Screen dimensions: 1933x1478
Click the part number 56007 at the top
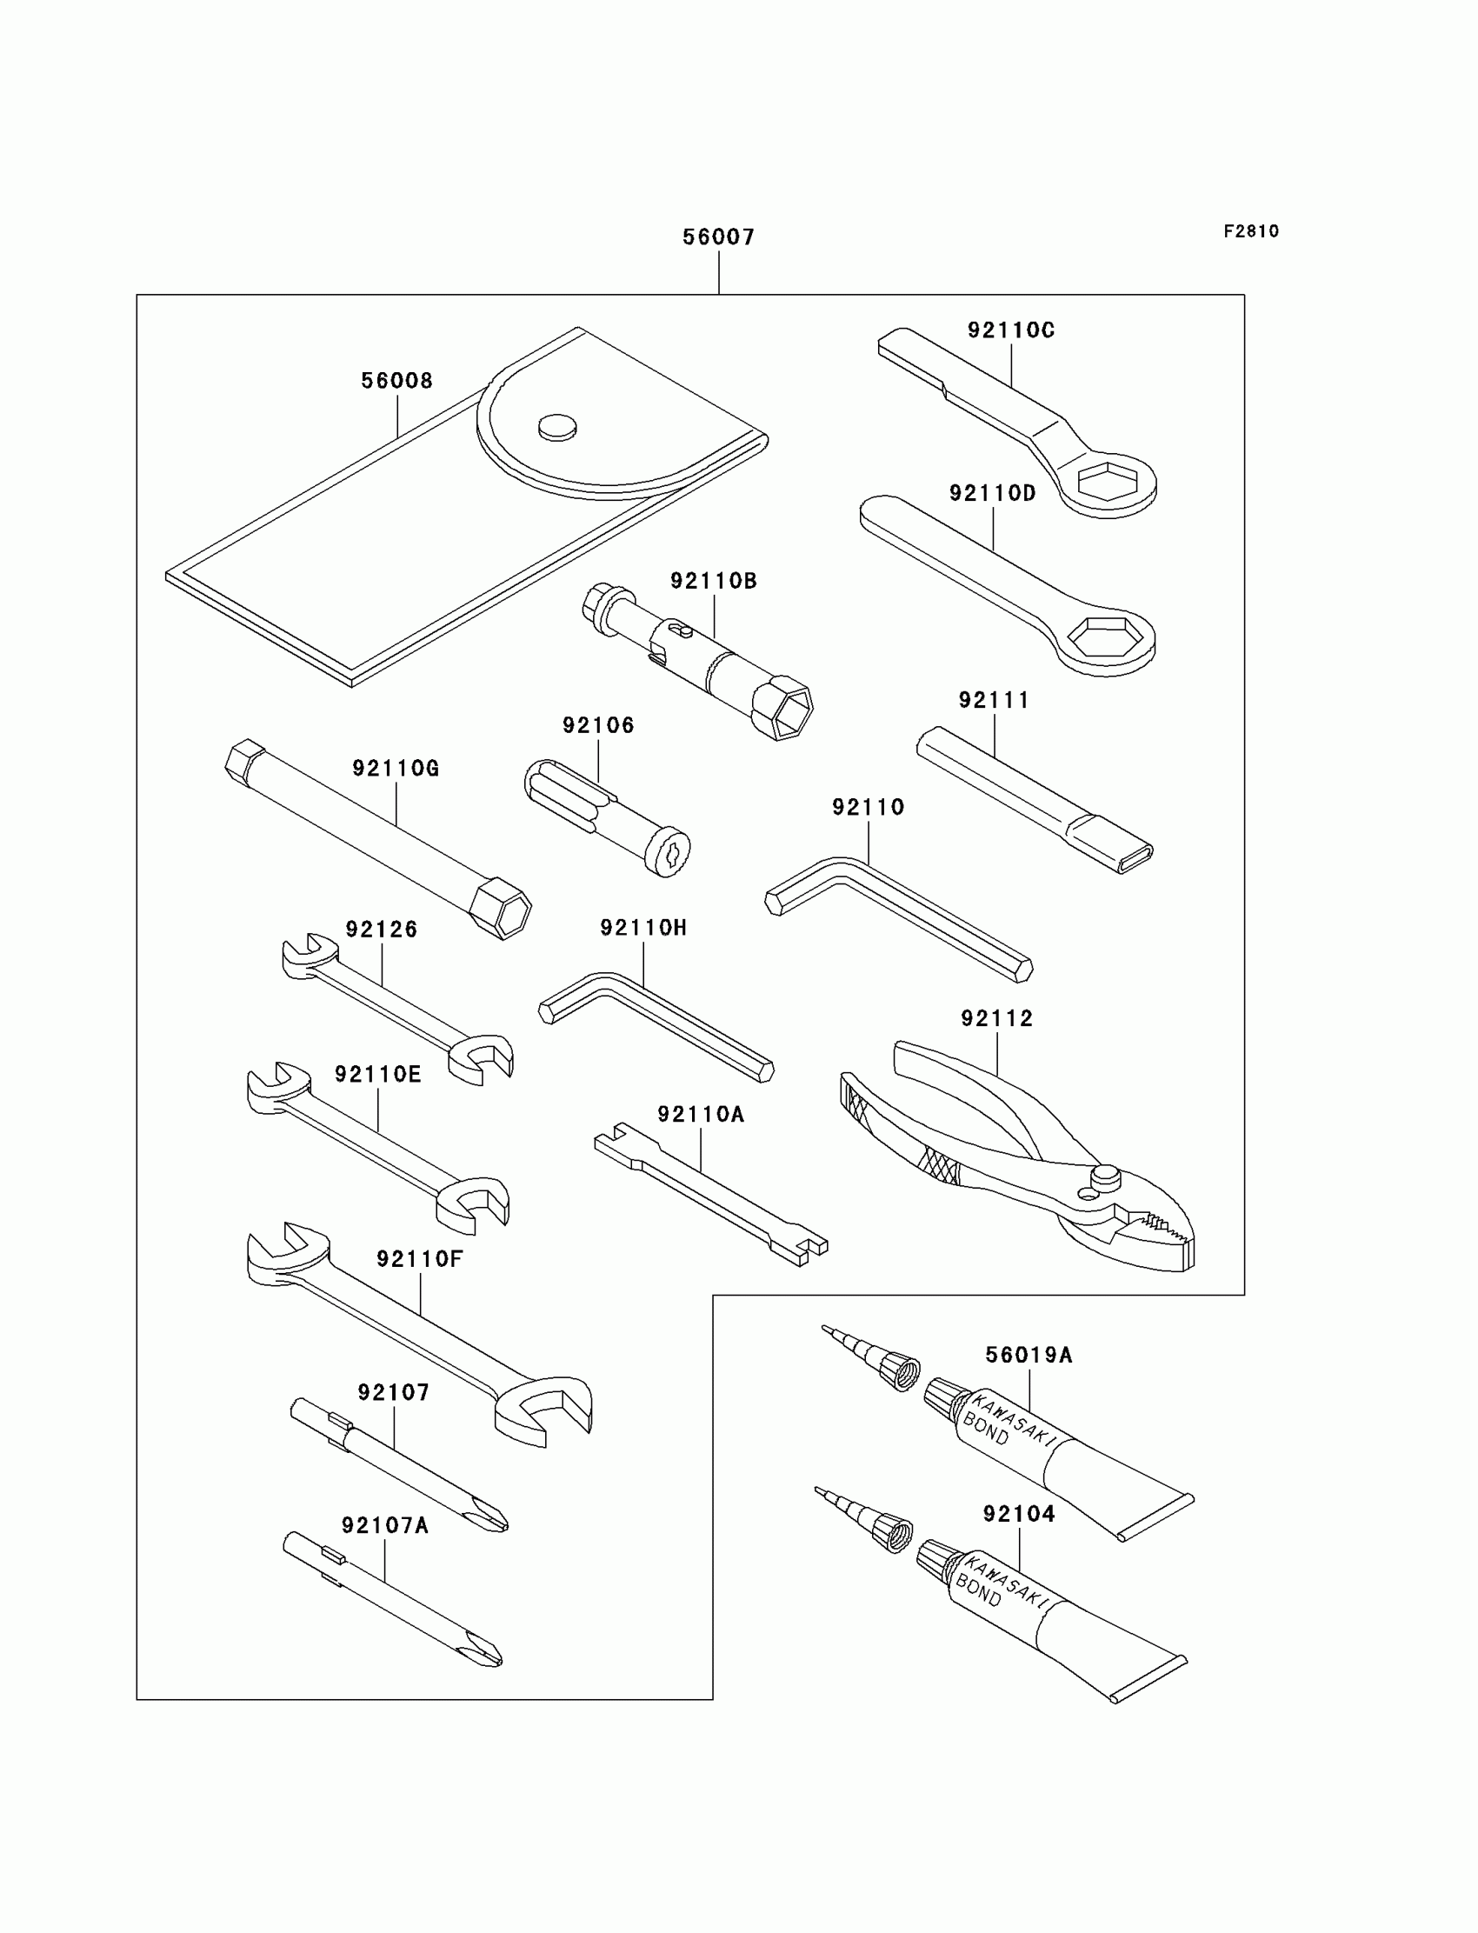click(719, 237)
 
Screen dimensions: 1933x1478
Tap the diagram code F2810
click(1251, 231)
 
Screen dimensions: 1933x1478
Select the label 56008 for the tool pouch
click(396, 381)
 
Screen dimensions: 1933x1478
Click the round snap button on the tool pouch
click(557, 428)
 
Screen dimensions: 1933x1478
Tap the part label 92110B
click(714, 581)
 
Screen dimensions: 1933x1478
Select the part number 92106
click(598, 725)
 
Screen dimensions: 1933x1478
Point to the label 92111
click(994, 700)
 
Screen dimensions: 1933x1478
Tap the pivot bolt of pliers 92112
click(1105, 1175)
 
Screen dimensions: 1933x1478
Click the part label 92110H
click(643, 927)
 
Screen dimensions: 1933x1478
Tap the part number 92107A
click(384, 1526)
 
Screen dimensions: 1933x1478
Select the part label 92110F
click(420, 1259)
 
